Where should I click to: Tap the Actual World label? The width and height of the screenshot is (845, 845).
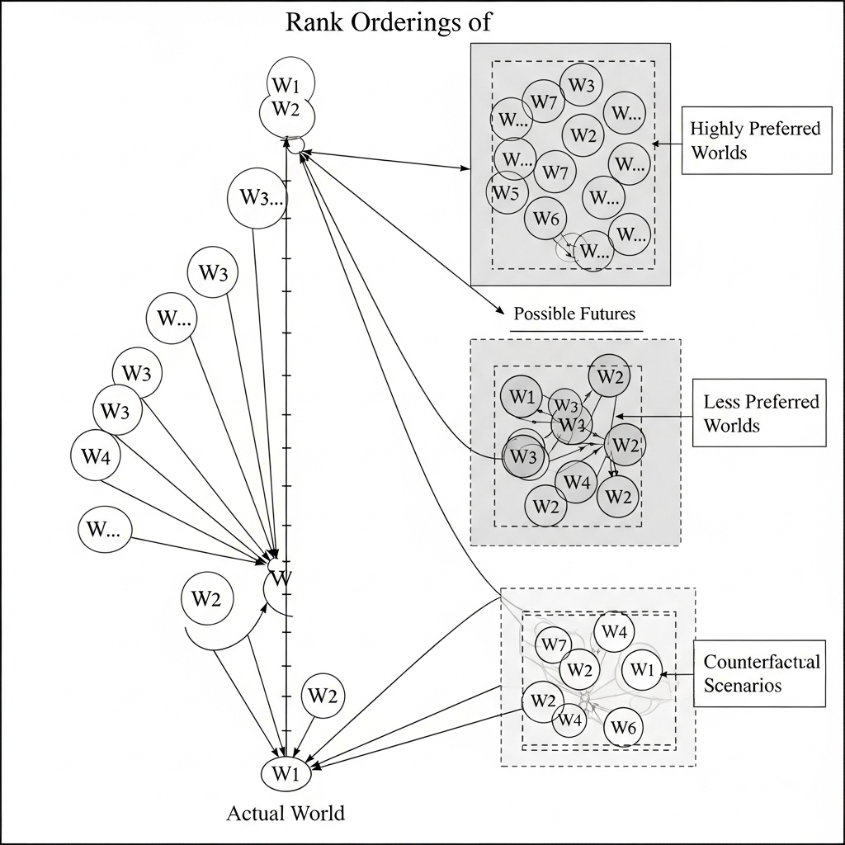coord(286,813)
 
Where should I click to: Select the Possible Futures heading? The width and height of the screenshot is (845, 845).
coord(574,314)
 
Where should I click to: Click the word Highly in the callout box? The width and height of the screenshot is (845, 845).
coord(718,129)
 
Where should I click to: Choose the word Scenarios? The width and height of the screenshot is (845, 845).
coord(743,685)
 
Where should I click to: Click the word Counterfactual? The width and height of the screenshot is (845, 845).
coord(762,662)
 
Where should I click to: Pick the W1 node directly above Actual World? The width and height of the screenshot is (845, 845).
coord(285,773)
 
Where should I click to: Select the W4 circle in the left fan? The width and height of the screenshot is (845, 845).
coord(97,456)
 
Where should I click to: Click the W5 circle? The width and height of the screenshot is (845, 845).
coord(505,193)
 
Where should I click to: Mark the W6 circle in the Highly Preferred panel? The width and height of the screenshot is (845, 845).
coord(546,219)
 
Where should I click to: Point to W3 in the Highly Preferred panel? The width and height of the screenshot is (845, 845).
coord(581,85)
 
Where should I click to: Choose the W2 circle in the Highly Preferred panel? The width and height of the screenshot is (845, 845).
coord(583,135)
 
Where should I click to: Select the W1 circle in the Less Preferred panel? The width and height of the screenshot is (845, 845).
coord(522,396)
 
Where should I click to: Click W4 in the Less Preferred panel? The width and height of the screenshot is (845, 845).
coord(577,481)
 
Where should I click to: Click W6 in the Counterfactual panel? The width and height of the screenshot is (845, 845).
coord(625,727)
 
